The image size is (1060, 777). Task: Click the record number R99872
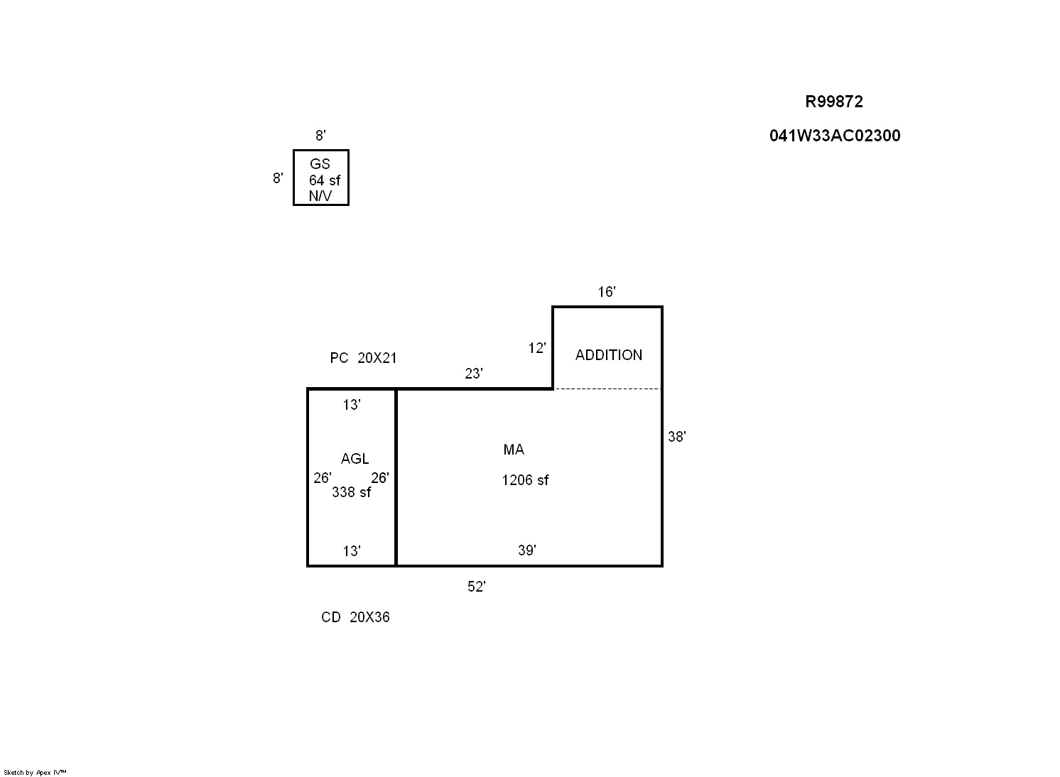pyautogui.click(x=834, y=102)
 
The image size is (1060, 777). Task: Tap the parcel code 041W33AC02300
pyautogui.click(x=835, y=136)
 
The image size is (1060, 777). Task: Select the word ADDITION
pyautogui.click(x=609, y=355)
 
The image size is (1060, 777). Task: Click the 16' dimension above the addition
pyautogui.click(x=607, y=292)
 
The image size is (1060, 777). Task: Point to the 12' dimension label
pyautogui.click(x=537, y=348)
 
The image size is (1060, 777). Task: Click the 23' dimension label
pyautogui.click(x=474, y=374)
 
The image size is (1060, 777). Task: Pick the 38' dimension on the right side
pyautogui.click(x=676, y=437)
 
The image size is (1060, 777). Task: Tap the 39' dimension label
pyautogui.click(x=527, y=550)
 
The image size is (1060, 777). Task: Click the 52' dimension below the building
pyautogui.click(x=477, y=587)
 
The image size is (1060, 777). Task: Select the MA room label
pyautogui.click(x=514, y=450)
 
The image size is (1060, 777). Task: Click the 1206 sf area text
pyautogui.click(x=525, y=480)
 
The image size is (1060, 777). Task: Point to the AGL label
pyautogui.click(x=355, y=459)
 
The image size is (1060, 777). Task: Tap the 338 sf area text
pyautogui.click(x=351, y=492)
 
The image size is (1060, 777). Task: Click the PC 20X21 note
pyautogui.click(x=363, y=358)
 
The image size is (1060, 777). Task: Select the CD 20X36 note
pyautogui.click(x=355, y=617)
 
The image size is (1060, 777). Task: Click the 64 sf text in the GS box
pyautogui.click(x=325, y=180)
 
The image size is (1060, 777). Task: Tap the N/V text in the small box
pyautogui.click(x=320, y=196)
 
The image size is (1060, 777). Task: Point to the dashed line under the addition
pyautogui.click(x=607, y=389)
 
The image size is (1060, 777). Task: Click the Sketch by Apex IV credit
pyautogui.click(x=35, y=772)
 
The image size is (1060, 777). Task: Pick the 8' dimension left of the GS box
pyautogui.click(x=278, y=178)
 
